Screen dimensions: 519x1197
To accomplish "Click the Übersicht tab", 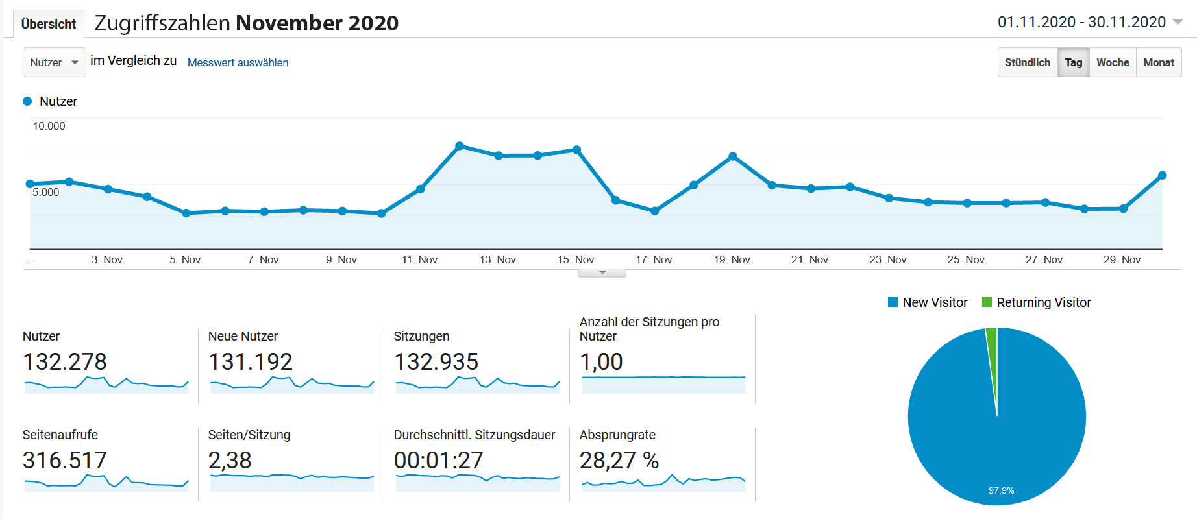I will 48,24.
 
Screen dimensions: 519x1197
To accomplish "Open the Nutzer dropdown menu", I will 54,62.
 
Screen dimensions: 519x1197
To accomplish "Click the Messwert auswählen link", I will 238,62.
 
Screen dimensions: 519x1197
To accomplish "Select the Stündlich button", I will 1027,62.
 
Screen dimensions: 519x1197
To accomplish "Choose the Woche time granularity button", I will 1113,62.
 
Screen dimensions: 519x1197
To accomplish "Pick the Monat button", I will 1159,62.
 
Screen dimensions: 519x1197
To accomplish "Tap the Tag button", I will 1074,62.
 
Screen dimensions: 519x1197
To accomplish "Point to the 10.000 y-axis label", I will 49,126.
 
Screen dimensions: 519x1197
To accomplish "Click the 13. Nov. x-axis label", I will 499,259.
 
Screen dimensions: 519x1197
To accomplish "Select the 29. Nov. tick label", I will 1122,259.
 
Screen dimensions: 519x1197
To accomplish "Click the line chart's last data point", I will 1162,175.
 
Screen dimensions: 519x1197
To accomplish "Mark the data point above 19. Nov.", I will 733,156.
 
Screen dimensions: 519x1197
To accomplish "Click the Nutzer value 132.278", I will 65,361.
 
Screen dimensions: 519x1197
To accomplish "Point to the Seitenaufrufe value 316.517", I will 65,460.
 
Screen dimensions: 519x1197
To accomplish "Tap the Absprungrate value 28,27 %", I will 619,460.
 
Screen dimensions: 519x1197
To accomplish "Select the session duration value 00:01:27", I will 439,460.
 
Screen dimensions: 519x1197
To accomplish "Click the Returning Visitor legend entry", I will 1037,302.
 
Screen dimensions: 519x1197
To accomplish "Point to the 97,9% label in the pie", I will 1001,490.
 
